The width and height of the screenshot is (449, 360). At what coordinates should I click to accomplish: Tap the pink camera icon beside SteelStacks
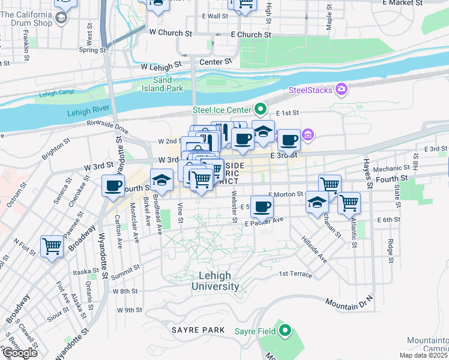(342, 89)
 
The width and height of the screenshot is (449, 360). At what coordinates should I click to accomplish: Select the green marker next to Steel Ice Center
(261, 109)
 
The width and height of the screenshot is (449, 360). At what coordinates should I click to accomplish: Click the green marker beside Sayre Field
(285, 331)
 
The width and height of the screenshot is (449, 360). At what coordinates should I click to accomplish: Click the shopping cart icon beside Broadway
(52, 246)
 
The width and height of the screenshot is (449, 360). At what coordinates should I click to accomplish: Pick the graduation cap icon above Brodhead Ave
(161, 179)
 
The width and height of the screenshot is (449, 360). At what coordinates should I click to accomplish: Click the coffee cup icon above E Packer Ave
(261, 207)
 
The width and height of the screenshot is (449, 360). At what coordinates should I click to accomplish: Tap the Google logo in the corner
(19, 352)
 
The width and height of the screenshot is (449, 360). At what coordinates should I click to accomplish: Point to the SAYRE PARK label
(197, 330)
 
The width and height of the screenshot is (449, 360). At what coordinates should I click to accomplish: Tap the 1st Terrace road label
(295, 274)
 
